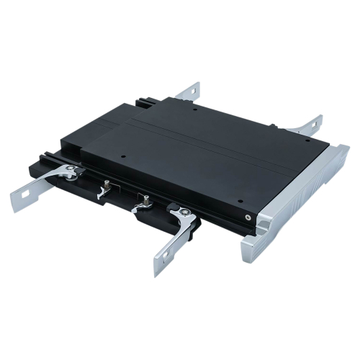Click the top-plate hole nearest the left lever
[x=123, y=155]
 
